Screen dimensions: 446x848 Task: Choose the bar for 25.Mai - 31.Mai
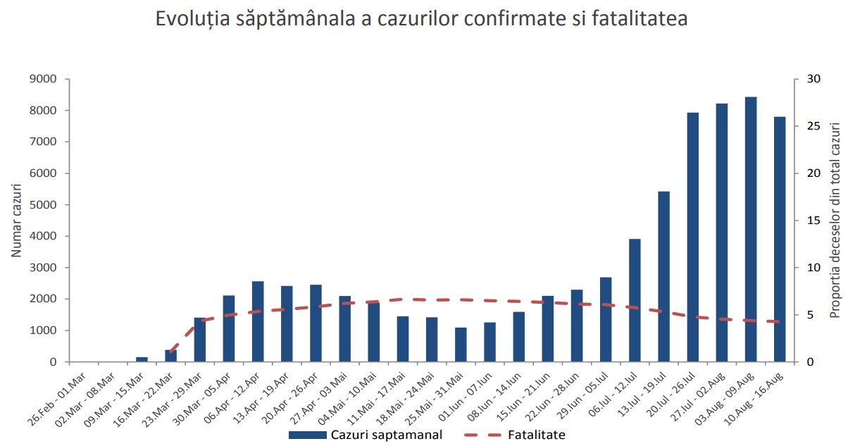461,345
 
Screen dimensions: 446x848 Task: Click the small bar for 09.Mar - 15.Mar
142,359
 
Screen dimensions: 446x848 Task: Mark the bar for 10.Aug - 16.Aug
780,239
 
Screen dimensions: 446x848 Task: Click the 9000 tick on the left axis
44,79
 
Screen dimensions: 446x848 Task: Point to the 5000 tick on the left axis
44,205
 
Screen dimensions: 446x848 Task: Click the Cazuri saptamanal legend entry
366,435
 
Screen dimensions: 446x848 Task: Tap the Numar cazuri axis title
16,221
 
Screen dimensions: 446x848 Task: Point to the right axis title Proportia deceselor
835,221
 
